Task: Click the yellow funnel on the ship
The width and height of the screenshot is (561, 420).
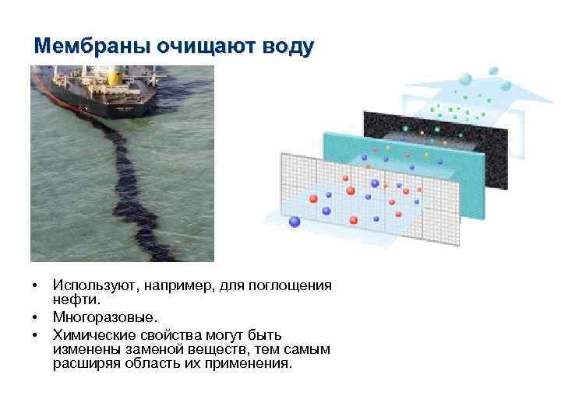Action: pos(112,76)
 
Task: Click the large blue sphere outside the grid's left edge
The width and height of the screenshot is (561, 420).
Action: pos(295,222)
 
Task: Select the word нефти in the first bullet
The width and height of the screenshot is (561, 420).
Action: pos(76,299)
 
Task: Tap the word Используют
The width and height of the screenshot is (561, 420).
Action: pos(93,286)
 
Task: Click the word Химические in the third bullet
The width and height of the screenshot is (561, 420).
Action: pos(90,335)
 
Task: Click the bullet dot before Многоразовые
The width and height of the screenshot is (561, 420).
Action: pos(37,317)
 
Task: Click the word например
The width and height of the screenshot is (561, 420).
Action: pos(177,286)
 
